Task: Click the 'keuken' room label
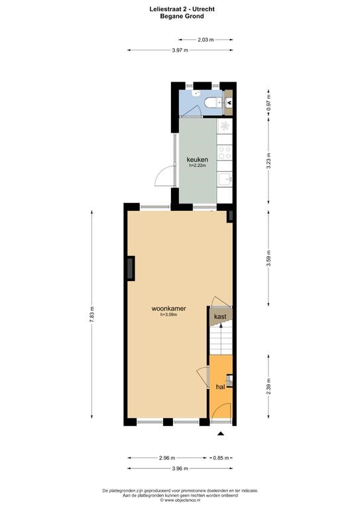coord(197,159)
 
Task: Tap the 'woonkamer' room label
coord(168,308)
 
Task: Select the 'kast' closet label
coord(220,316)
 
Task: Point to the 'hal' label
coord(220,386)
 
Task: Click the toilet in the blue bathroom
coord(213,103)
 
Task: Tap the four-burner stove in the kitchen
coord(225,152)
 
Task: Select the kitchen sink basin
coord(225,179)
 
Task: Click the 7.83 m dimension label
coord(91,314)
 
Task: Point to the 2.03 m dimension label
coord(206,40)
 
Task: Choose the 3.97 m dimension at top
coord(180,50)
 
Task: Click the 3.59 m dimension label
coord(269,258)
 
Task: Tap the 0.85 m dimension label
coord(221,458)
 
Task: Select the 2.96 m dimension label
coord(167,458)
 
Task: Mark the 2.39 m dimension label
coord(269,386)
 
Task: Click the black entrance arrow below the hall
coord(221,433)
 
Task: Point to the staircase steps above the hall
coord(221,340)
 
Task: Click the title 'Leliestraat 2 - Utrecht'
coord(182,9)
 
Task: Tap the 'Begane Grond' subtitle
coord(182,16)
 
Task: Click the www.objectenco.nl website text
coord(180,500)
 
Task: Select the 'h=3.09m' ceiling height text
coord(169,314)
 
